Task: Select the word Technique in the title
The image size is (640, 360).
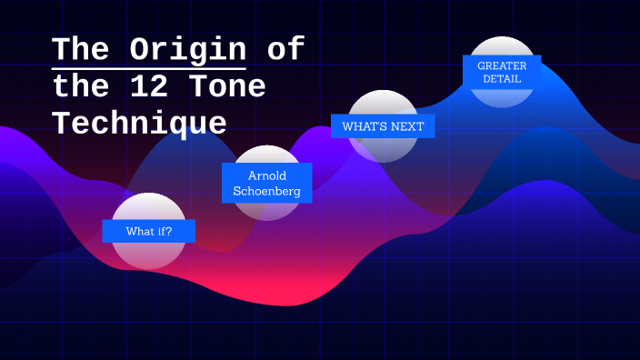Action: pyautogui.click(x=139, y=122)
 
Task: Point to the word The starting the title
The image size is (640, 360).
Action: pyautogui.click(x=79, y=48)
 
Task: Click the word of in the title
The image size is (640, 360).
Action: pyautogui.click(x=285, y=48)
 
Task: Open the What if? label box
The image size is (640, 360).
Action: pyautogui.click(x=148, y=231)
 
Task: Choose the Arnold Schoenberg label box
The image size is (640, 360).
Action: pyautogui.click(x=267, y=184)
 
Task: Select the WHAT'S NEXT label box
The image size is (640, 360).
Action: pyautogui.click(x=383, y=126)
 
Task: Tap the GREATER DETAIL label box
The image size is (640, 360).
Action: pyautogui.click(x=502, y=72)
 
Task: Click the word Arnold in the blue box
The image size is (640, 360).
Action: pyautogui.click(x=267, y=175)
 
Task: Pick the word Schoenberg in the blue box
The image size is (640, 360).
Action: pyautogui.click(x=267, y=193)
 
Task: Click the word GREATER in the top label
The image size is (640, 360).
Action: pyautogui.click(x=502, y=65)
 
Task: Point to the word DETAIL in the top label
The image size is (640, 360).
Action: pyautogui.click(x=502, y=79)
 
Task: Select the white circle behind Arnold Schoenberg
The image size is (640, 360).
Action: pyautogui.click(x=267, y=209)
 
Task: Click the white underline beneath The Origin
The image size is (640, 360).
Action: pyautogui.click(x=149, y=68)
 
